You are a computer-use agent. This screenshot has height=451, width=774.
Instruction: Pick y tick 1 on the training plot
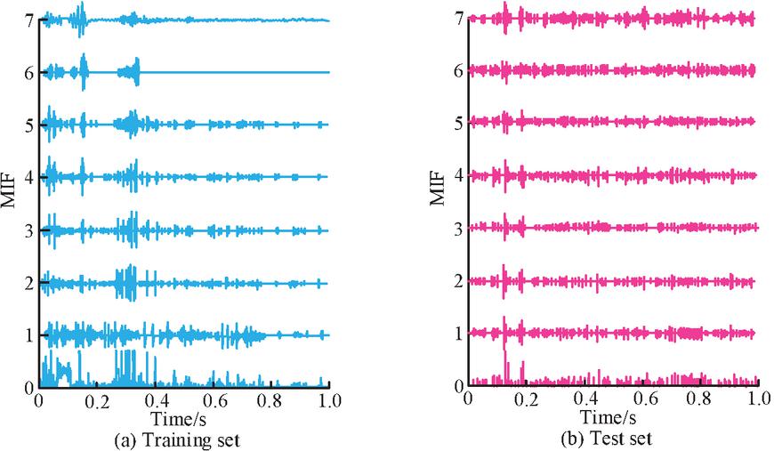click(29, 335)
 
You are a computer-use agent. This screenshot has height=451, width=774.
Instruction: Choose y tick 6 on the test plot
click(459, 71)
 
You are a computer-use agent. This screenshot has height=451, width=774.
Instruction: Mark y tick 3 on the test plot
click(459, 230)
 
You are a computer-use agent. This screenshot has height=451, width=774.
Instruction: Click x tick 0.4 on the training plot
click(154, 401)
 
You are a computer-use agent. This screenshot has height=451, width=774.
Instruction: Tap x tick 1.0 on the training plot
click(329, 401)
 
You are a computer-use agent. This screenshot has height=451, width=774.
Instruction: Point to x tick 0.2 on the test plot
click(526, 401)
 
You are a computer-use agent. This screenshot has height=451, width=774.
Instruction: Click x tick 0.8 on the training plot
click(270, 401)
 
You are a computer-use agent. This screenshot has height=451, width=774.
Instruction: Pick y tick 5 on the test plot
click(459, 124)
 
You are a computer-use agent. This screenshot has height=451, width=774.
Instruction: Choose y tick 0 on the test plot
click(459, 387)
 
